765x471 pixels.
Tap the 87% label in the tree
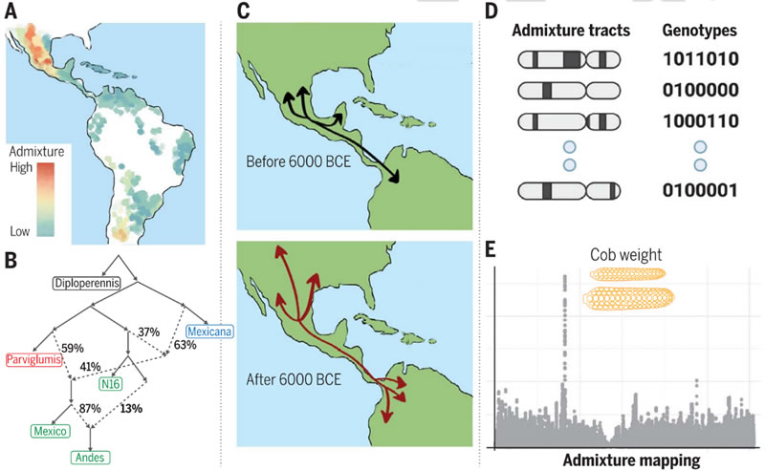point(91,407)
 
